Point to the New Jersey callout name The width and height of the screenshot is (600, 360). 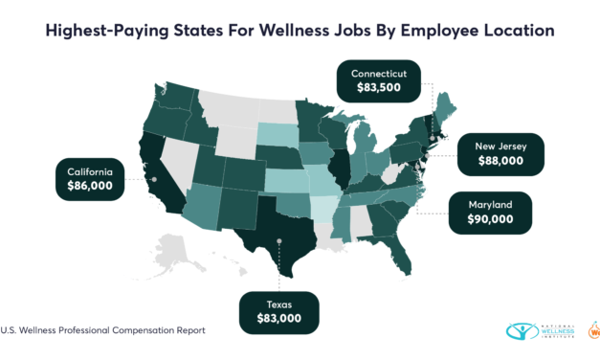[511, 146]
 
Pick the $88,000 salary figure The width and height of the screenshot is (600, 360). [511, 162]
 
